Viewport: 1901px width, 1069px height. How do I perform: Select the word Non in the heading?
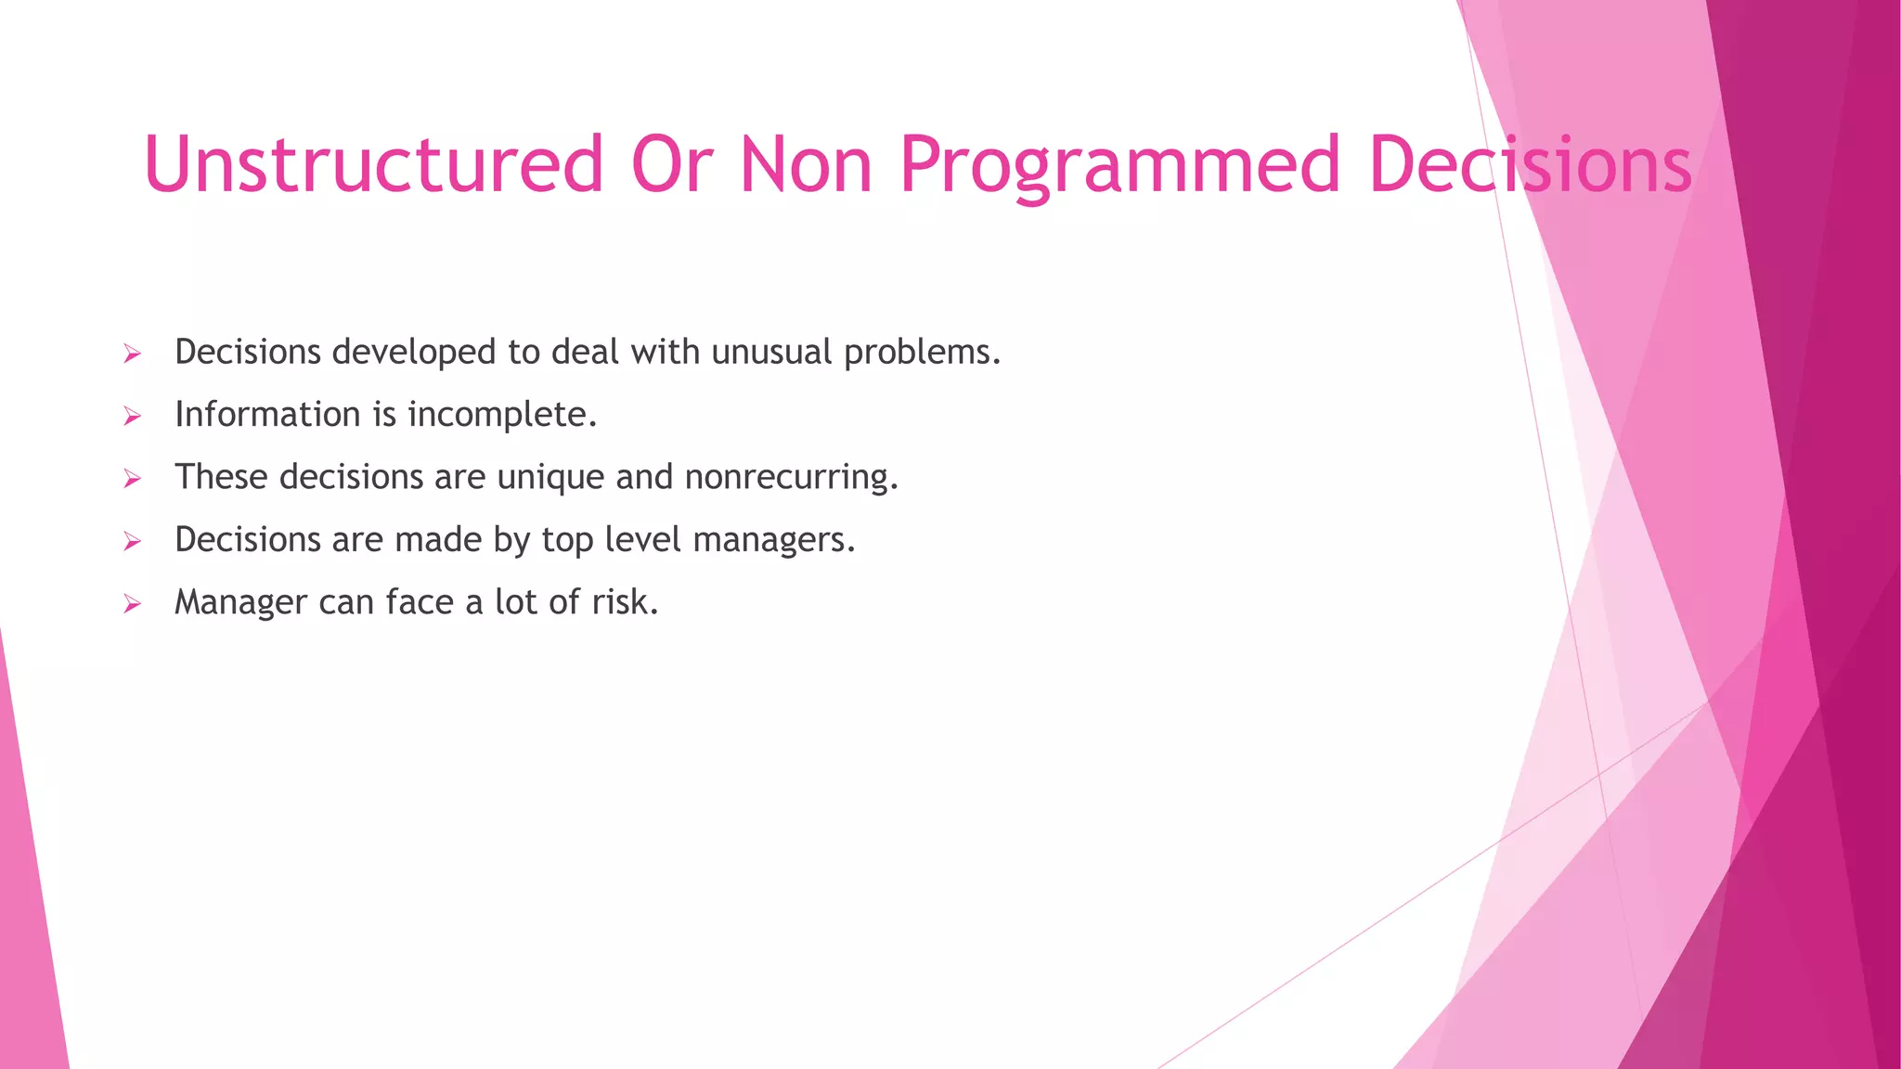point(806,164)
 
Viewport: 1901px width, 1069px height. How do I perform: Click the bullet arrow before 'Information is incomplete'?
point(133,417)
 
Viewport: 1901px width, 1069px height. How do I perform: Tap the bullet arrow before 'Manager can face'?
point(133,605)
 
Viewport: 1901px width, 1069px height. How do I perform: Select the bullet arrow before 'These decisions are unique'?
point(133,480)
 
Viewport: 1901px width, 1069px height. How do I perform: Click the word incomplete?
point(502,415)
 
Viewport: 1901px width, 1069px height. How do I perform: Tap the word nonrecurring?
point(791,478)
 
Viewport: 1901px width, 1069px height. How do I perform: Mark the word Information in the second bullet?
point(268,415)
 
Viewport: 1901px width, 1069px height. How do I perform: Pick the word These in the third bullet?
point(221,477)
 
